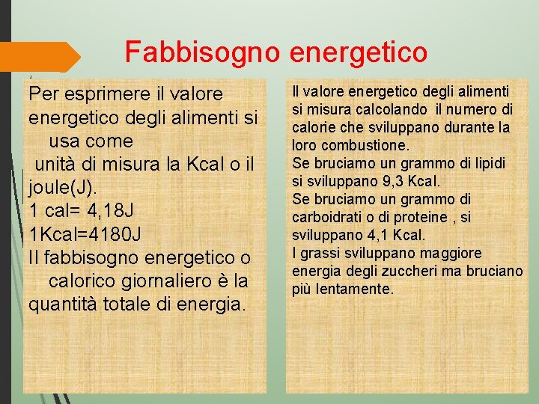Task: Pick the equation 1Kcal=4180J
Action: pyautogui.click(x=85, y=235)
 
